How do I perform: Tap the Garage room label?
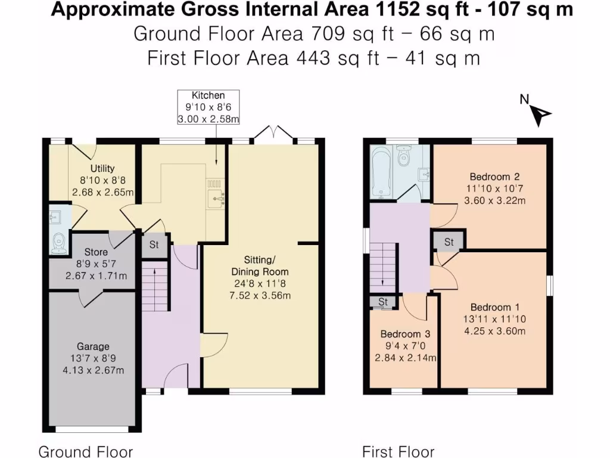coord(93,346)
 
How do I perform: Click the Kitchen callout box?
coord(208,107)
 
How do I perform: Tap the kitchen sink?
coord(216,199)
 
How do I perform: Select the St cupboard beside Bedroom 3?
coord(383,302)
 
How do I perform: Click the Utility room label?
coord(102,168)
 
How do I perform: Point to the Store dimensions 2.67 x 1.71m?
coord(96,276)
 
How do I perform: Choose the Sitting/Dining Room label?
coord(260,265)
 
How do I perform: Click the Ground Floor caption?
coord(86,451)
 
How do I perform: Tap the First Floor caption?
coord(399,451)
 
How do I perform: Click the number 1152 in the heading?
coord(397,10)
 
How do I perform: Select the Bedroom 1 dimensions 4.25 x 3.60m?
coord(495,331)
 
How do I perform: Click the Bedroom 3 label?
coord(405,334)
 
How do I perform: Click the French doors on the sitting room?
coord(275,132)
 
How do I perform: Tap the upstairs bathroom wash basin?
coord(424,174)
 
